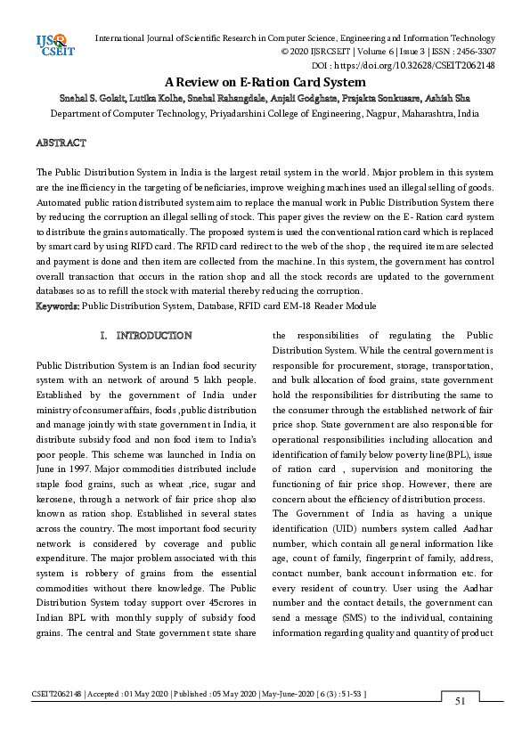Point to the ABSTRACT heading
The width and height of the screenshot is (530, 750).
pos(61,143)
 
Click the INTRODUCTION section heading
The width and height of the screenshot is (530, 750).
pos(154,336)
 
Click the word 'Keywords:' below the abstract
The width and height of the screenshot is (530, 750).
pos(57,306)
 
